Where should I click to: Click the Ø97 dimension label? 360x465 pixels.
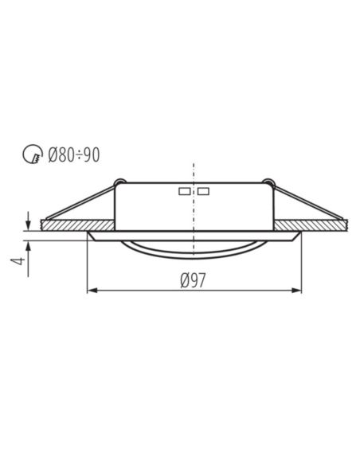point(193,280)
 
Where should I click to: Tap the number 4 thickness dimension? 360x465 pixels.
point(18,261)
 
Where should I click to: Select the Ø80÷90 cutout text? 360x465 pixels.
point(74,154)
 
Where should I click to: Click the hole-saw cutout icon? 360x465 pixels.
point(33,154)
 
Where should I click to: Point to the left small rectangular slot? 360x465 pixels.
point(185,191)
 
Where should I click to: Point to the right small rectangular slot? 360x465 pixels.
point(203,191)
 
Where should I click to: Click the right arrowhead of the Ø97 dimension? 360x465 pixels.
point(296,291)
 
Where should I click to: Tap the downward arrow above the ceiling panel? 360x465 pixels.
point(28,221)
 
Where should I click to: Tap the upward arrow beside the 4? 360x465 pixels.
point(28,259)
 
